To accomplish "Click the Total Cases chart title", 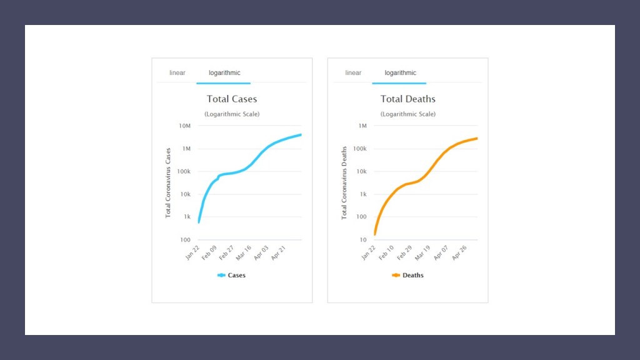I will tap(232, 99).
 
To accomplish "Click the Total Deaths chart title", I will tap(407, 99).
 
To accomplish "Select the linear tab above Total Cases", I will tap(177, 73).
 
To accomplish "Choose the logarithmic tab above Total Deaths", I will tap(400, 73).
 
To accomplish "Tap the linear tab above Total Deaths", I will tap(353, 73).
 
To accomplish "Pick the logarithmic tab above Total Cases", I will tap(224, 73).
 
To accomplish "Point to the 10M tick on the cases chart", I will tap(184, 126).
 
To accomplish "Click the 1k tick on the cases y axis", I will tap(186, 217).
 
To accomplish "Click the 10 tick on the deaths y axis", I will tap(362, 240).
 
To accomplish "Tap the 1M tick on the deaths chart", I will tap(362, 126).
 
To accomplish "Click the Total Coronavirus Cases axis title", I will tap(168, 182).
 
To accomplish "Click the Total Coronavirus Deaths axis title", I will tap(344, 182).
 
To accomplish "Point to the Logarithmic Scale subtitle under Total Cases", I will tap(232, 114).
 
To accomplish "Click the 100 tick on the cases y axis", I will tap(186, 240).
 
